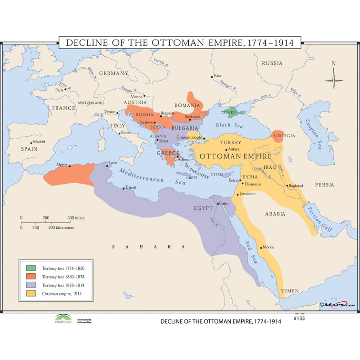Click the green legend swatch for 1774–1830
click(x=31, y=268)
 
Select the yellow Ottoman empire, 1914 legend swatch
click(x=31, y=294)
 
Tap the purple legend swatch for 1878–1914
click(x=31, y=285)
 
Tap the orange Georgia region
click(x=278, y=136)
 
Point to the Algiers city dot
click(x=70, y=166)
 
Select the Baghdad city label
click(x=296, y=185)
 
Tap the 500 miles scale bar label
click(x=76, y=218)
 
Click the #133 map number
click(x=299, y=319)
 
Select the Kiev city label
click(x=218, y=75)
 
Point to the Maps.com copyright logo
click(x=337, y=304)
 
